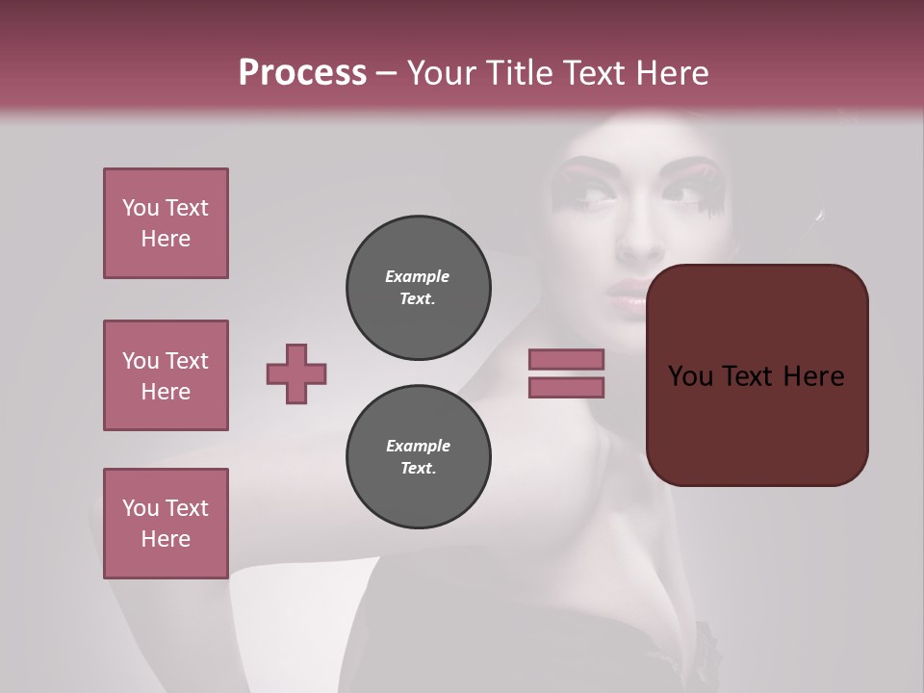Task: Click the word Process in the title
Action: (x=302, y=73)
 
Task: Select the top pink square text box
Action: (x=166, y=223)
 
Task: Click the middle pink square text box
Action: (x=166, y=375)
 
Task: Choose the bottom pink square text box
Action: (x=166, y=523)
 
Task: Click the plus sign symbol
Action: (x=296, y=373)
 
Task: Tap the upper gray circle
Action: (x=419, y=288)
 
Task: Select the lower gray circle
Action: (x=419, y=457)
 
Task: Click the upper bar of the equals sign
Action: (x=566, y=359)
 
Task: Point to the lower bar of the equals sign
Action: (x=566, y=387)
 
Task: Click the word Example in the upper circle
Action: (x=418, y=276)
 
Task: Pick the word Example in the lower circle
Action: (x=418, y=446)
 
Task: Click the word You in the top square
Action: (x=141, y=208)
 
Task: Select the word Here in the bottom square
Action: (x=166, y=539)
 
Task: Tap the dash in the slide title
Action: (x=387, y=73)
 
